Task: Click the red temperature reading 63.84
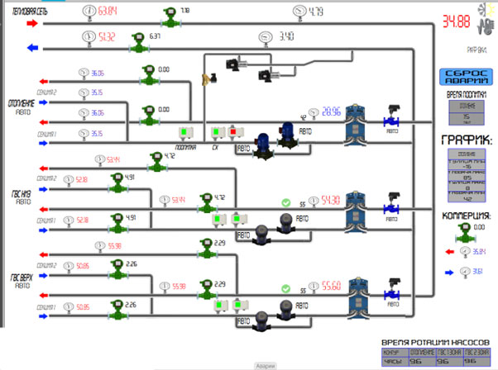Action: (x=108, y=12)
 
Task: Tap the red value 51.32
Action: (x=107, y=37)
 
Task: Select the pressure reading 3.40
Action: (x=287, y=36)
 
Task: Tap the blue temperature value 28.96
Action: (x=332, y=112)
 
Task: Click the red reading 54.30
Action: (x=332, y=200)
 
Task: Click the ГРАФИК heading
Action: (x=467, y=140)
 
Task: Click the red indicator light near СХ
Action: (x=233, y=132)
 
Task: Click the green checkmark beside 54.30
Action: (x=286, y=202)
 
